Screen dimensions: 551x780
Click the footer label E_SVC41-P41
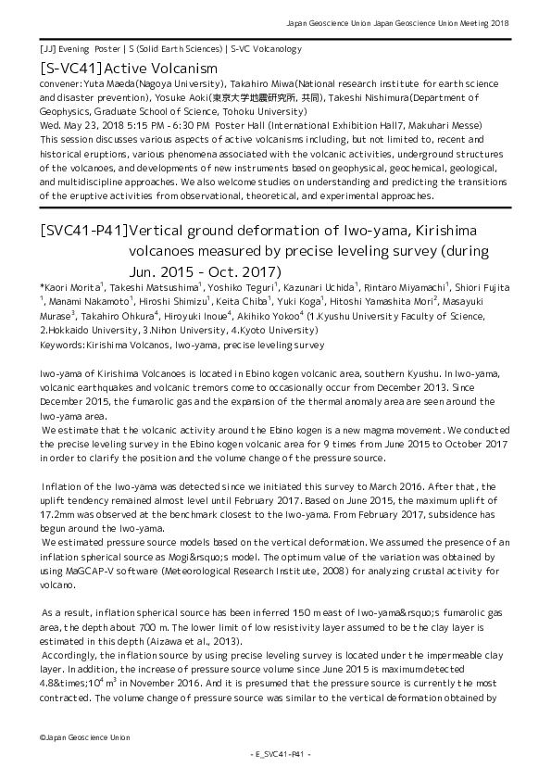coord(275,755)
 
